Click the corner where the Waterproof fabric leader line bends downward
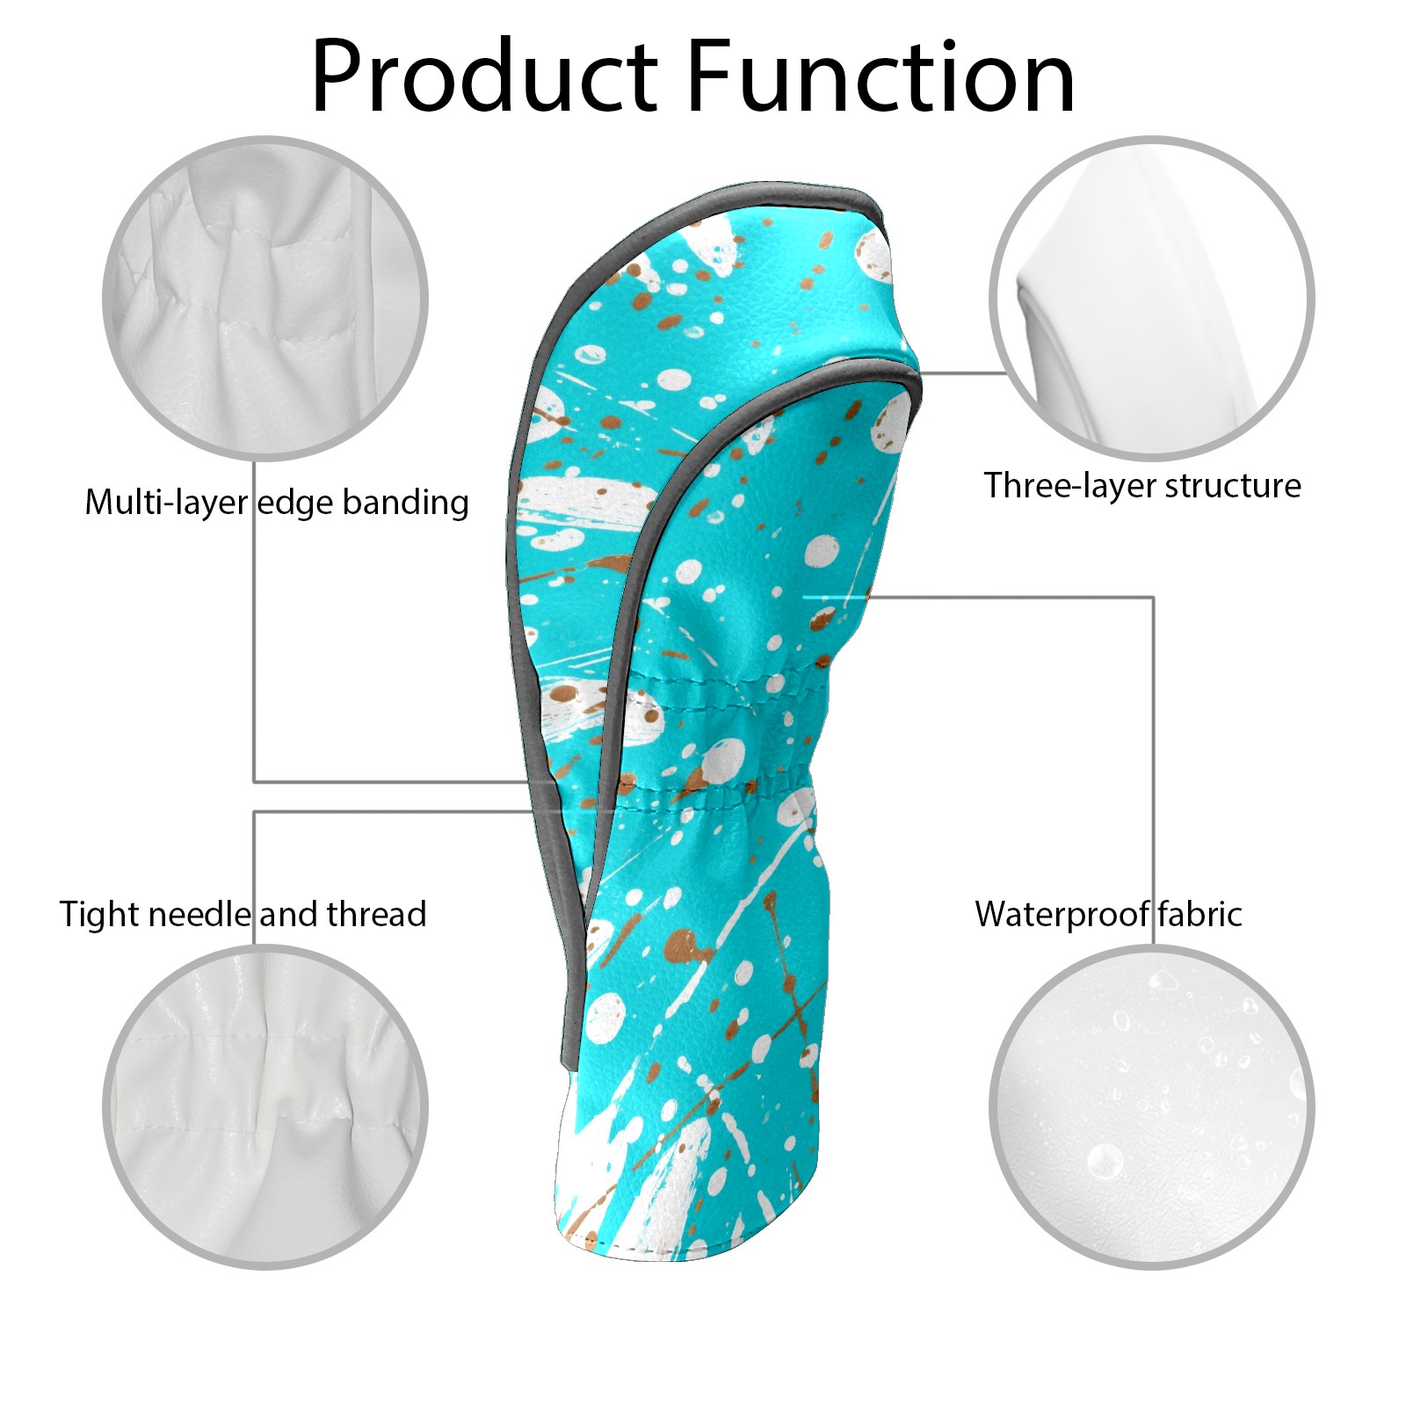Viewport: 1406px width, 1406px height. click(1153, 598)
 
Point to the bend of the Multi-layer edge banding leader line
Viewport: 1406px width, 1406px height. click(255, 781)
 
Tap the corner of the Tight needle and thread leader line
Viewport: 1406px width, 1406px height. click(255, 812)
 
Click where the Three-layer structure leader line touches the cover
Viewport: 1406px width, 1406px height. click(920, 373)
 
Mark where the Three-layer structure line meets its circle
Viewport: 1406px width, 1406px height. click(1007, 373)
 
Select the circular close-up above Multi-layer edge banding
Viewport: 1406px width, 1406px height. click(265, 298)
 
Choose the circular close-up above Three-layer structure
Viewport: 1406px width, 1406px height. click(1152, 298)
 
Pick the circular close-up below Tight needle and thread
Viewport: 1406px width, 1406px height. click(265, 1107)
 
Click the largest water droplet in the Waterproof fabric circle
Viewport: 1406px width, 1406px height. click(1105, 1161)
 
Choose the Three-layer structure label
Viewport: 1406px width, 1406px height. click(1142, 485)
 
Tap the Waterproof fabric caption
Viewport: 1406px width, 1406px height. click(1108, 915)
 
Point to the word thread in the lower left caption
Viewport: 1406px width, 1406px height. click(377, 915)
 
